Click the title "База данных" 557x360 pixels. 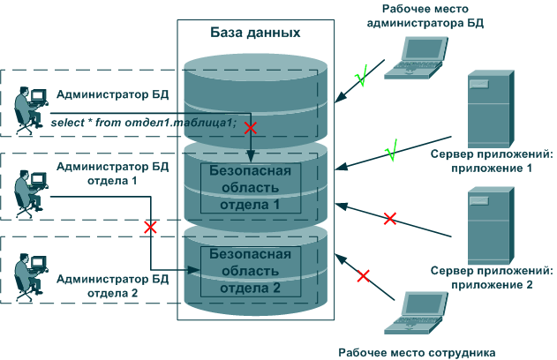255,33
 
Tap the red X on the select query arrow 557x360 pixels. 251,128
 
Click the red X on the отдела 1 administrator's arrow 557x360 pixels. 150,227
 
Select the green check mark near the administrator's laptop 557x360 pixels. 362,75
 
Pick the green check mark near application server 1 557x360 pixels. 391,150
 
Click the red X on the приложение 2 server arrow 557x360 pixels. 390,218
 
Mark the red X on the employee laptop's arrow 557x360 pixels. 363,276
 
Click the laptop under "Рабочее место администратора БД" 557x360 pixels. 416,57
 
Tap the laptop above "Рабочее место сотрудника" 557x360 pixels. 416,313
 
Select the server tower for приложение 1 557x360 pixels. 491,109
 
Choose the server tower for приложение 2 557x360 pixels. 491,226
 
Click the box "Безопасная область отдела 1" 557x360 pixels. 251,188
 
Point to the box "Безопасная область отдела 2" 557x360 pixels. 251,271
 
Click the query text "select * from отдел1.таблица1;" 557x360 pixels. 144,123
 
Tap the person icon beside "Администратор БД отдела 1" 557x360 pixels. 31,194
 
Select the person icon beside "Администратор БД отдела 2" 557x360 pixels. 31,277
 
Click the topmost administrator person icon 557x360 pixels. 31,110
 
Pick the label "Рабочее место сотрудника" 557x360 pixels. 417,353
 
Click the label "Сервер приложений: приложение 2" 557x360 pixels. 492,278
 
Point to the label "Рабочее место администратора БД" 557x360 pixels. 425,16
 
